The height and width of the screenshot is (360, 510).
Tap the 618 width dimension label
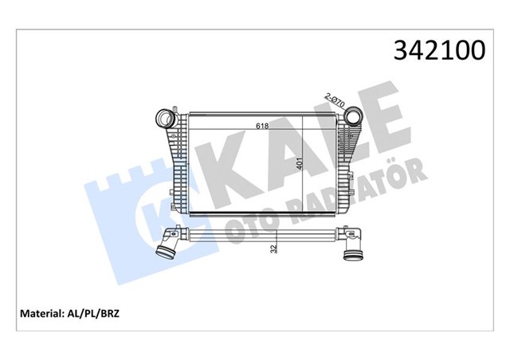pyautogui.click(x=261, y=126)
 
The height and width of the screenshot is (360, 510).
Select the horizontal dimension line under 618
pyautogui.click(x=255, y=131)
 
